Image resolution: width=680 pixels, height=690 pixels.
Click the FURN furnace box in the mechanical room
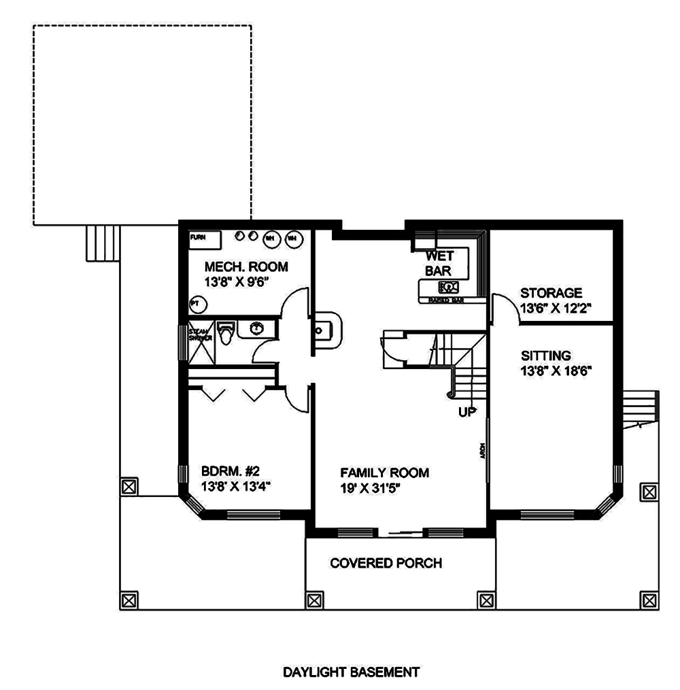coord(205,239)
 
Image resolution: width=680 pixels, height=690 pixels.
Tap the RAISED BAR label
coord(445,300)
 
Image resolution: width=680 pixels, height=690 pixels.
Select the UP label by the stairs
coord(468,411)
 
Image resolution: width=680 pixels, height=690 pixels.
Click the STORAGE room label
coord(551,293)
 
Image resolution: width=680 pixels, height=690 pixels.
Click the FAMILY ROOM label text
coord(384,472)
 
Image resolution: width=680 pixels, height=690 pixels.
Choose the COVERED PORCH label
coord(386,563)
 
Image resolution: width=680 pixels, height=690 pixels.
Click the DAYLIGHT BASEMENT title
coord(351,672)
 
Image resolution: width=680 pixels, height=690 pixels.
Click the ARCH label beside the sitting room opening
coord(481,451)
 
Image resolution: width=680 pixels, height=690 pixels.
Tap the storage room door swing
coord(502,307)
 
